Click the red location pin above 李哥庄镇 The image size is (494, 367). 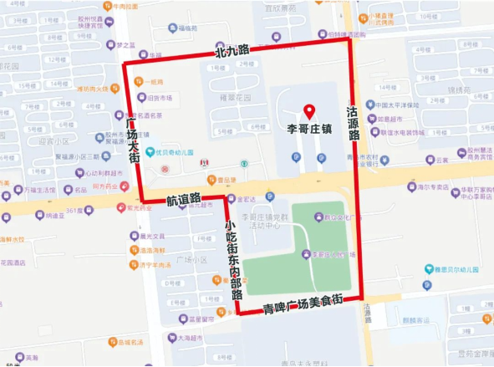[308, 110]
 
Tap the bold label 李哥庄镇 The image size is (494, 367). [309, 130]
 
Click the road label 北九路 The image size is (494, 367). [232, 52]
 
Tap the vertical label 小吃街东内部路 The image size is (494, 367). [232, 260]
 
